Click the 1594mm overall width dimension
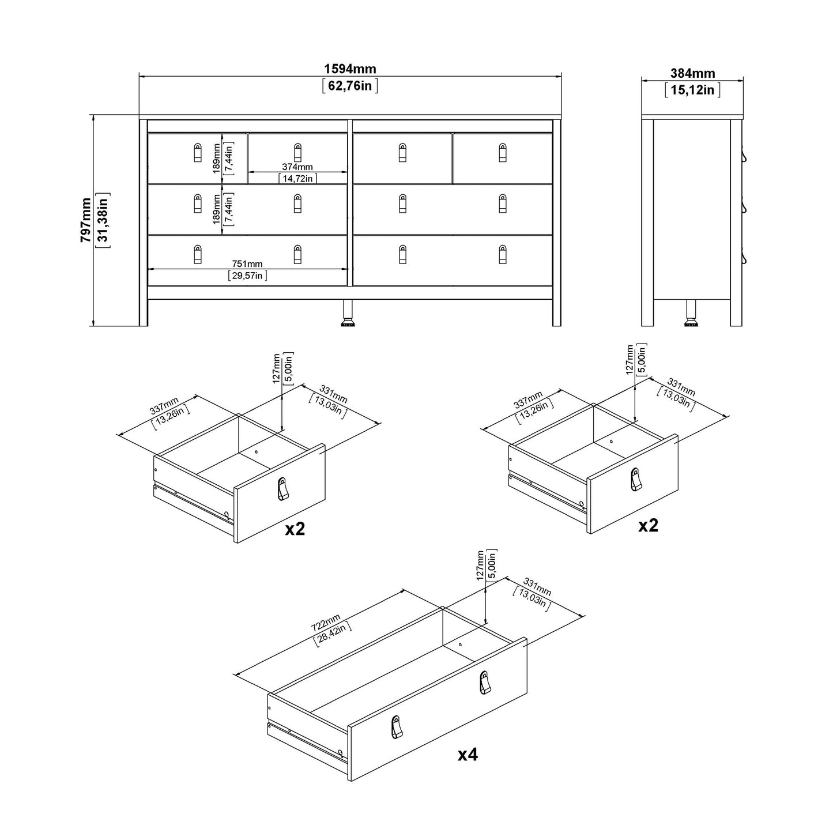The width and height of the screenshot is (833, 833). pyautogui.click(x=350, y=69)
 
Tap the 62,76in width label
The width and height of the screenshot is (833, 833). pyautogui.click(x=350, y=86)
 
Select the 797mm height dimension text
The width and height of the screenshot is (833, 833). pyautogui.click(x=86, y=220)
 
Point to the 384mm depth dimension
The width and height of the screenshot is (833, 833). pyautogui.click(x=692, y=74)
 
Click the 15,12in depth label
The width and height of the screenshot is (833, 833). pyautogui.click(x=692, y=90)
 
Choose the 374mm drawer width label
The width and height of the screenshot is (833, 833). pyautogui.click(x=297, y=167)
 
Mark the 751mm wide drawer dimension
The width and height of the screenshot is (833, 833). pyautogui.click(x=248, y=264)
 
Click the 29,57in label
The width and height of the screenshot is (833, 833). pyautogui.click(x=248, y=276)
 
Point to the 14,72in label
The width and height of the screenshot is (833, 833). pyautogui.click(x=297, y=179)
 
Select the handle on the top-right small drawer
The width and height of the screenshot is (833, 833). pyautogui.click(x=502, y=152)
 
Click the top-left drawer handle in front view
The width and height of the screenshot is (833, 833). pyautogui.click(x=198, y=152)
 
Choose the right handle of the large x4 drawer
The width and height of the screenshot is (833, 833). pyautogui.click(x=484, y=683)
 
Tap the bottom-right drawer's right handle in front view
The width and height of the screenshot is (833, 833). pyautogui.click(x=502, y=254)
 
